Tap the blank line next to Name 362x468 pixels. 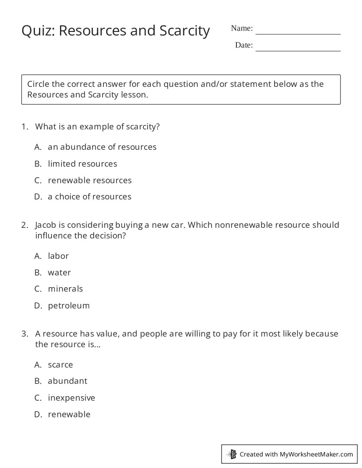point(298,31)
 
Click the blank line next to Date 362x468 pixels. point(298,48)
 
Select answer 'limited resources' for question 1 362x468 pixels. point(83,164)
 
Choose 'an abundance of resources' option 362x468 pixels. point(102,147)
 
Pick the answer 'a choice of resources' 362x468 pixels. point(90,196)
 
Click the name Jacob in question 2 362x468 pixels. point(46,225)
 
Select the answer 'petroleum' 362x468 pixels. point(69,305)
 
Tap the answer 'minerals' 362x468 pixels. point(65,289)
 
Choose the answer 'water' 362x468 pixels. point(59,272)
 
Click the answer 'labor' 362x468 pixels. point(58,256)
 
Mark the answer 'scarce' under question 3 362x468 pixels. point(60,365)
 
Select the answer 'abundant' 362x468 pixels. point(67,381)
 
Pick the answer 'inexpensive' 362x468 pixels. point(71,398)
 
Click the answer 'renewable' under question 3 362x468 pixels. point(69,414)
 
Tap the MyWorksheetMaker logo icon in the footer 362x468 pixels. point(232,454)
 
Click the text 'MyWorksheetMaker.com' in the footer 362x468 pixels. point(316,454)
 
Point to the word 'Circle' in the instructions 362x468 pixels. point(38,84)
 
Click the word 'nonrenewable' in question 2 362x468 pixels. point(244,225)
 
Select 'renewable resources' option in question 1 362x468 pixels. point(90,180)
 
